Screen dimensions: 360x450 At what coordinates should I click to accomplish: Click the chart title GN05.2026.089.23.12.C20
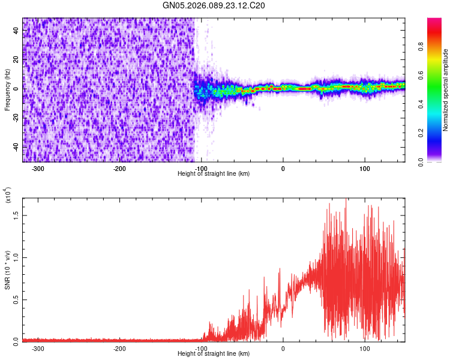[x=214, y=5]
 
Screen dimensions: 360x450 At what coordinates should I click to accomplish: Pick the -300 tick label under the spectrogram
[x=38, y=169]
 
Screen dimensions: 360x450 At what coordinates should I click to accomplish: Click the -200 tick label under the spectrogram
[x=119, y=169]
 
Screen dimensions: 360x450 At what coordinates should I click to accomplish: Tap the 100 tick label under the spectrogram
[x=364, y=169]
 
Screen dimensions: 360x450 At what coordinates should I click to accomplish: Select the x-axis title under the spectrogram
[x=214, y=174]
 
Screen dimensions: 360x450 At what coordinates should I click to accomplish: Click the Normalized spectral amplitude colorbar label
[x=446, y=90]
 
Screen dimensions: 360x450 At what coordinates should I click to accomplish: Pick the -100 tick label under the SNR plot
[x=201, y=348]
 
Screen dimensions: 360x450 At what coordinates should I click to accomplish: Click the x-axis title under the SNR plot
[x=214, y=354]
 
